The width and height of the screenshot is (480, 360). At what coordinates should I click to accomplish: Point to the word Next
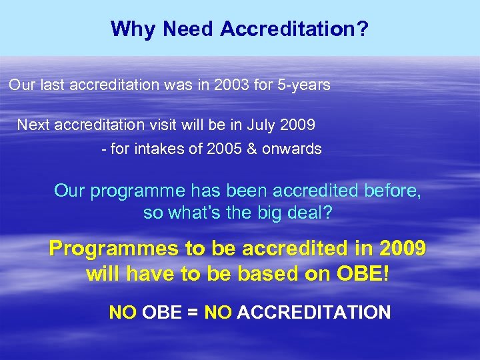click(x=33, y=125)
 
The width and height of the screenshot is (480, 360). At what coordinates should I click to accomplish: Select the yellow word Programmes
click(x=115, y=249)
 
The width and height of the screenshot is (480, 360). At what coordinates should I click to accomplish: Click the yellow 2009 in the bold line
click(x=401, y=249)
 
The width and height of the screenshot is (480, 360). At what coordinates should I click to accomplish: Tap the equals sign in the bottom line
click(x=192, y=312)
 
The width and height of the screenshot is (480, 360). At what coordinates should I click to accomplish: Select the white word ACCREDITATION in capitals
click(x=313, y=312)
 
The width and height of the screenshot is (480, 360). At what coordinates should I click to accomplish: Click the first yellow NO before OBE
click(x=123, y=312)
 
